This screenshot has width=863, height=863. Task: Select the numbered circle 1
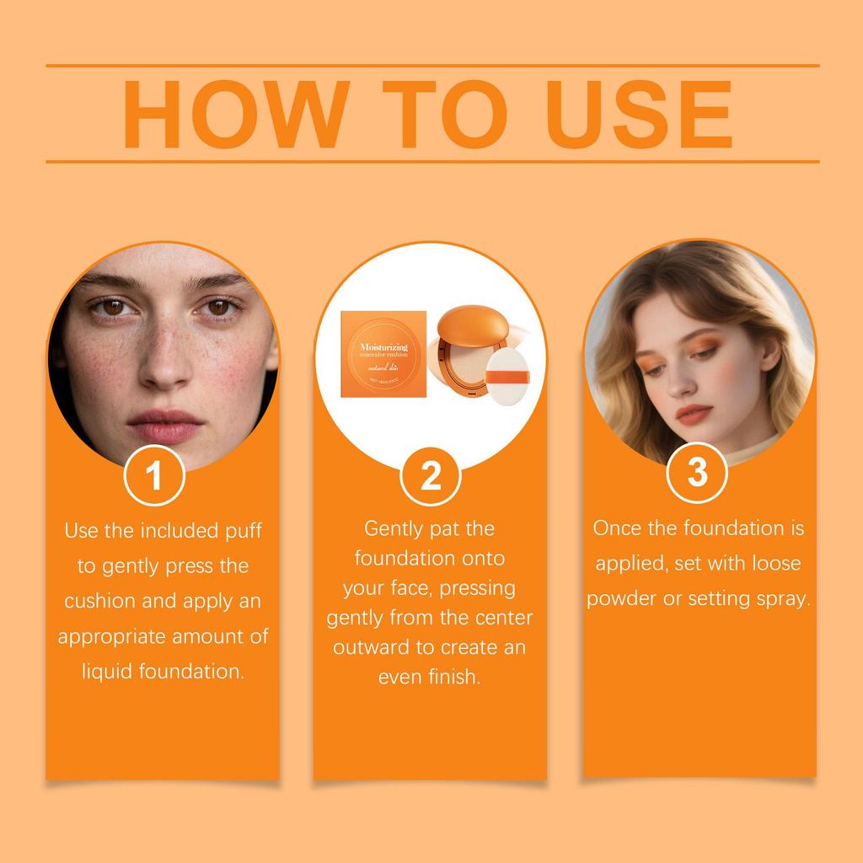(x=153, y=476)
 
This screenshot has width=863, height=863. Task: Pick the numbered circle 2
(x=431, y=477)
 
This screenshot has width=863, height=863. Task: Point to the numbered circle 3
(x=697, y=472)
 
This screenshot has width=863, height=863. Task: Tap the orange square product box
(x=383, y=355)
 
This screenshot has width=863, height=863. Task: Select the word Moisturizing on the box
(x=383, y=346)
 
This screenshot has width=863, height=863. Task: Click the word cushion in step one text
(x=99, y=601)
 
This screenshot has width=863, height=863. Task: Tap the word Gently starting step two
(x=395, y=529)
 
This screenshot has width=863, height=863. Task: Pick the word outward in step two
(x=369, y=647)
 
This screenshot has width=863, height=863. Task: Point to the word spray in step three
(x=782, y=599)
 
